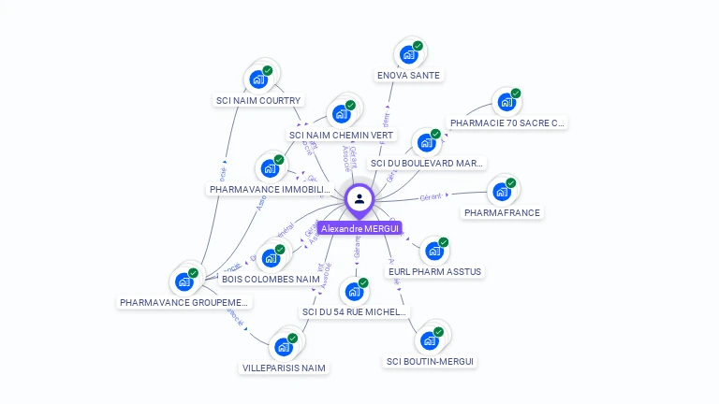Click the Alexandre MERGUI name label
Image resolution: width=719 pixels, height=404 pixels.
(359, 228)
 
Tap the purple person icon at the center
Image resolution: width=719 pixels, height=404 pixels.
(359, 199)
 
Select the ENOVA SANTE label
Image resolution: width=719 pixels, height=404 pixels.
(408, 75)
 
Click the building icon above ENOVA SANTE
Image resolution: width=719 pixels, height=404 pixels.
(409, 53)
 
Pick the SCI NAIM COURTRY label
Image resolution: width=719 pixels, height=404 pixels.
(258, 100)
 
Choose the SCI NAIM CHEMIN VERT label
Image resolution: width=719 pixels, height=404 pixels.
(342, 135)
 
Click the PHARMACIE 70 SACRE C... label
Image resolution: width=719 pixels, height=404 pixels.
(507, 123)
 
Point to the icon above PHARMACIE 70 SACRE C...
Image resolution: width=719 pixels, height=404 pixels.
(506, 101)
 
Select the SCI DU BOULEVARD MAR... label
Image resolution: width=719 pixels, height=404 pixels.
(427, 163)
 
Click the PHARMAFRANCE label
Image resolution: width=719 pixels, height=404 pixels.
(502, 212)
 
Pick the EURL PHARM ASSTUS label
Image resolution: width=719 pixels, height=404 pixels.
(434, 271)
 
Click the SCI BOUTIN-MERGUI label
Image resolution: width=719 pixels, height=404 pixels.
(430, 361)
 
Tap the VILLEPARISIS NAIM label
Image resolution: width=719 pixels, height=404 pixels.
(284, 368)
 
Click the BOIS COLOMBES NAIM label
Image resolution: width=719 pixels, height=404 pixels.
(271, 279)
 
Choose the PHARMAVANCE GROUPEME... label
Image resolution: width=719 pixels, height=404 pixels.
(184, 302)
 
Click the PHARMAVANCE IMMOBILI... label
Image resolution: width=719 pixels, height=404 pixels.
(270, 189)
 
